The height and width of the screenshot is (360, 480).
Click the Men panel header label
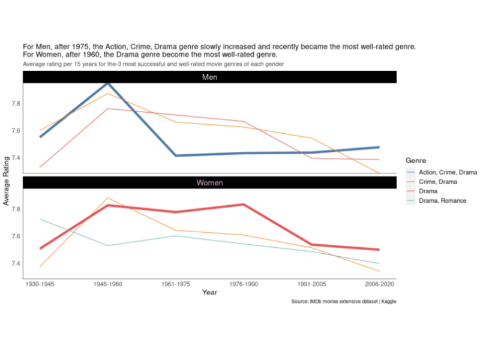(x=209, y=77)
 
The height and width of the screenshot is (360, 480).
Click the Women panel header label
(x=209, y=182)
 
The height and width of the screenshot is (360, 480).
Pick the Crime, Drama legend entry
(x=437, y=182)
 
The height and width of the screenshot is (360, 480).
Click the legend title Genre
(x=416, y=161)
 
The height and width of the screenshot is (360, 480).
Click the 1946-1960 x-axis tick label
(x=108, y=284)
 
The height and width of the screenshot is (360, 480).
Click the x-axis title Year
(x=209, y=293)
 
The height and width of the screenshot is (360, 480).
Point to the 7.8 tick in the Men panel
(x=16, y=104)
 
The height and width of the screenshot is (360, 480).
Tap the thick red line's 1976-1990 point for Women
(x=243, y=205)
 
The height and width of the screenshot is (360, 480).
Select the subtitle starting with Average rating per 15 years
(x=153, y=64)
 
